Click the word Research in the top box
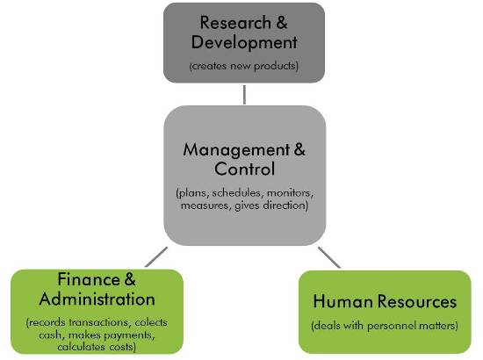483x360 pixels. [x=235, y=23]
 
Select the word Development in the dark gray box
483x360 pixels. [x=244, y=42]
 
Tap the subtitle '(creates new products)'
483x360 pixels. [x=244, y=66]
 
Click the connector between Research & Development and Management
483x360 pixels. [x=244, y=95]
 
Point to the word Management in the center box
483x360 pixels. [x=236, y=150]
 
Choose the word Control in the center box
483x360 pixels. [x=245, y=169]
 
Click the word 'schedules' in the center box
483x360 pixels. [x=237, y=193]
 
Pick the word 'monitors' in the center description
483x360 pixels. [x=290, y=193]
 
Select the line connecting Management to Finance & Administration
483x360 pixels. [x=156, y=257]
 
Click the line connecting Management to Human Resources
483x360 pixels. [x=329, y=257]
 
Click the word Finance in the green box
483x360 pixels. [x=89, y=279]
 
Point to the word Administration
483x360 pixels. [x=97, y=299]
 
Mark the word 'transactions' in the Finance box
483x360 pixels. [x=98, y=322]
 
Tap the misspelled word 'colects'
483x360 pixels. [x=151, y=322]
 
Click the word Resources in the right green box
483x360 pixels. [x=417, y=301]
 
